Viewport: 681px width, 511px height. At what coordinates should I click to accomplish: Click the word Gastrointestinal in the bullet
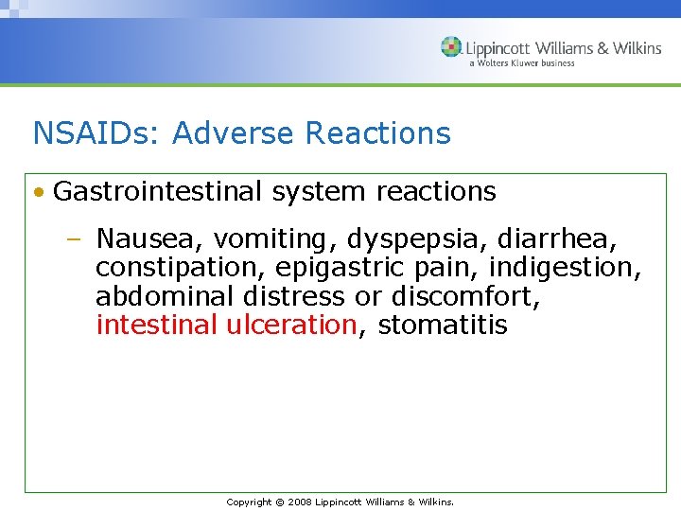tap(158, 192)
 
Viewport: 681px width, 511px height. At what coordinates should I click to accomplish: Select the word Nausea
tap(141, 238)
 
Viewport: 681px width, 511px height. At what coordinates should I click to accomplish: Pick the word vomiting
tap(252, 238)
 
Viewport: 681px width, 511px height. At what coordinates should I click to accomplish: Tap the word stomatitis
tap(443, 326)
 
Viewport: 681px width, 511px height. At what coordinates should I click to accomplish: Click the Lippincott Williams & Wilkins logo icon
tap(451, 47)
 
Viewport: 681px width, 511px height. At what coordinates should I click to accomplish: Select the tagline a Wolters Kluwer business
tap(521, 63)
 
